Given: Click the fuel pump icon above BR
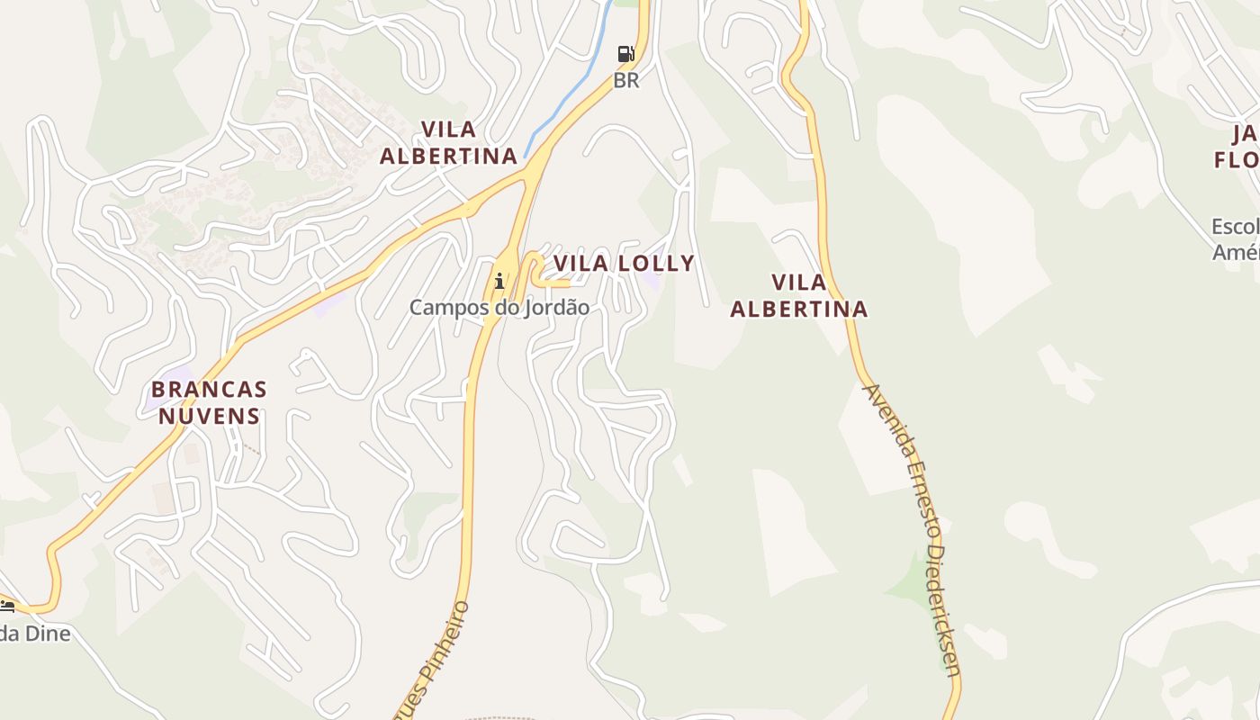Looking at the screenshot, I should [x=625, y=54].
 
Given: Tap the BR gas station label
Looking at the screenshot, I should [x=625, y=80].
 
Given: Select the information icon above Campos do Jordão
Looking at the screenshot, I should [x=499, y=282].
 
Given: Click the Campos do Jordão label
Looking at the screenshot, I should [x=499, y=308].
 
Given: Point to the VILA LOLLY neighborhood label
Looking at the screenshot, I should [x=624, y=264].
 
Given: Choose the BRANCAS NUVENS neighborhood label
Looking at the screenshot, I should [x=209, y=402].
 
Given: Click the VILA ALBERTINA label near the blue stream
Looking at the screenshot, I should [x=448, y=142].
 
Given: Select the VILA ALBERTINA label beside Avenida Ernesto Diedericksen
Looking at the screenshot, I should [x=798, y=295].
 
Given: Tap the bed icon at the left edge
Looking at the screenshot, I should [x=7, y=605].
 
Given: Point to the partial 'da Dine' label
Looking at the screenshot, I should [x=35, y=634].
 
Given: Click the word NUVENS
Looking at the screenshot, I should [x=209, y=416].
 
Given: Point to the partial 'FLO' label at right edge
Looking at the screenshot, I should [x=1237, y=160].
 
